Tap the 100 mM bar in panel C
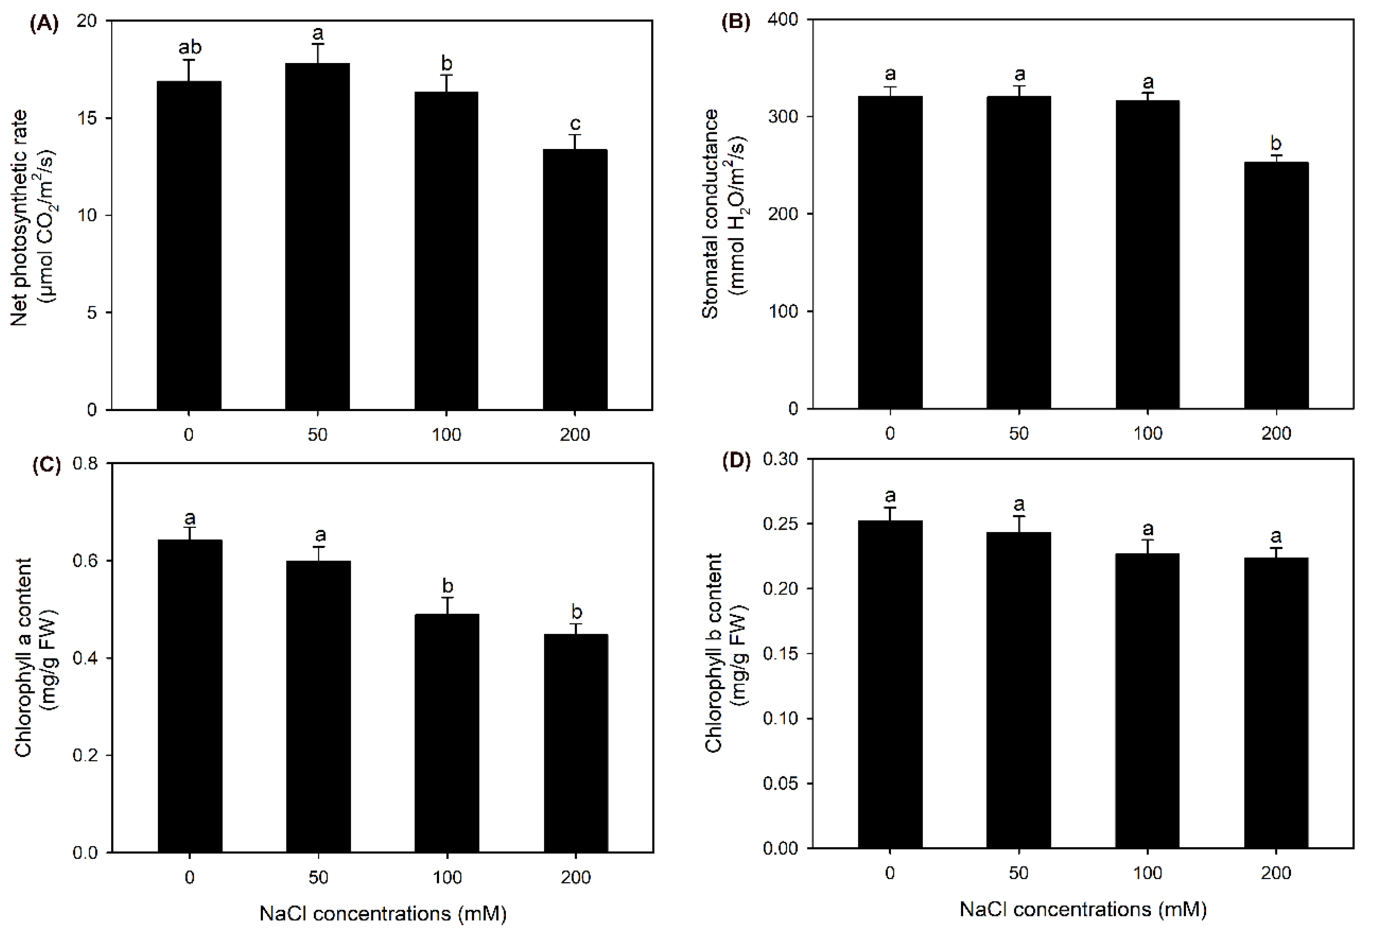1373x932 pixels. pos(447,733)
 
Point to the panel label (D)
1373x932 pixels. pos(736,461)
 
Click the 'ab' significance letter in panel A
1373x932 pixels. pos(190,47)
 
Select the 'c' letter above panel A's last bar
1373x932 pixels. pos(575,124)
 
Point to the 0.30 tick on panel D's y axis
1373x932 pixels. pos(780,459)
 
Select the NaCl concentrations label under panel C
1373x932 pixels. pos(383,914)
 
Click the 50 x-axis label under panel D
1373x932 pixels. pos(1018,873)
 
